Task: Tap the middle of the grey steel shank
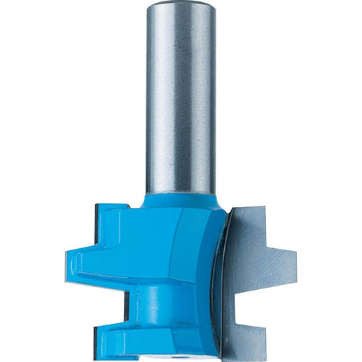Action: (181, 99)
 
